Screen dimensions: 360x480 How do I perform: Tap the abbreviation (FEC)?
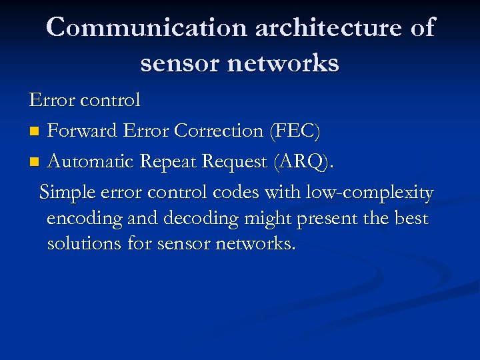click(294, 131)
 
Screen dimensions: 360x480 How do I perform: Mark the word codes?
click(235, 193)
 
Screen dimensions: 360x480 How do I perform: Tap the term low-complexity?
click(369, 193)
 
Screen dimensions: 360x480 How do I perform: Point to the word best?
click(410, 219)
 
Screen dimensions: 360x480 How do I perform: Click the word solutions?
click(84, 244)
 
